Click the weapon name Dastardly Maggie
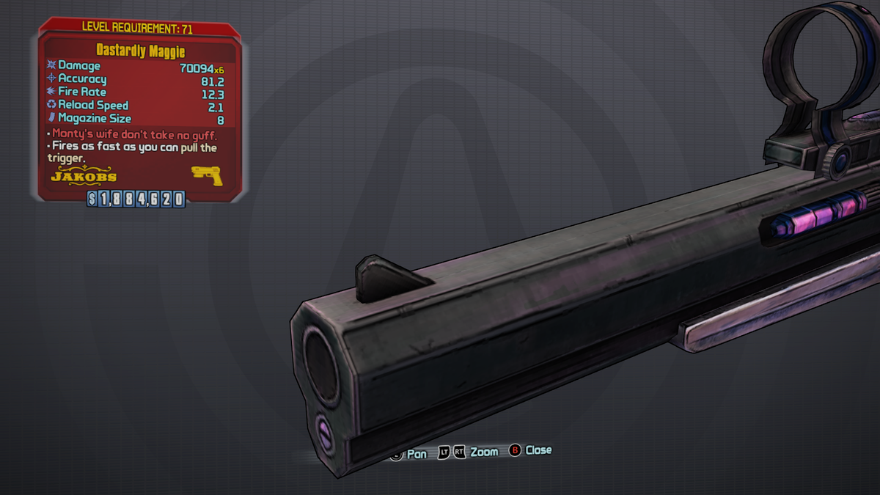[x=141, y=51]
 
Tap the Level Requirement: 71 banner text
[x=137, y=28]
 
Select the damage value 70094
[x=197, y=68]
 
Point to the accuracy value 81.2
[x=213, y=81]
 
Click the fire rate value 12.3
[x=213, y=95]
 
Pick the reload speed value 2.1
[x=216, y=107]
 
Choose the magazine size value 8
[x=221, y=120]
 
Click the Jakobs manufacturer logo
[x=84, y=175]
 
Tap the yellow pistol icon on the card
[x=207, y=175]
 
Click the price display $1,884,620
[x=136, y=199]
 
